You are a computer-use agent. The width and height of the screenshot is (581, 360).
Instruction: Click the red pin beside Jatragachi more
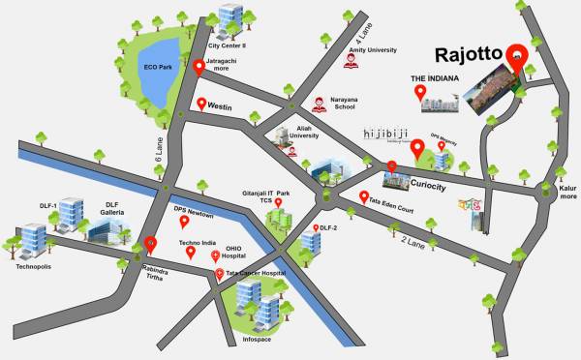click(x=199, y=68)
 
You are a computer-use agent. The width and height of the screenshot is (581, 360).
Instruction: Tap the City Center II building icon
click(x=229, y=19)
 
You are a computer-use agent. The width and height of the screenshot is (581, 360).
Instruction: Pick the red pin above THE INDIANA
click(x=421, y=93)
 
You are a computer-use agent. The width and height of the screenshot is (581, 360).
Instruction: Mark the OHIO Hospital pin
click(x=215, y=255)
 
